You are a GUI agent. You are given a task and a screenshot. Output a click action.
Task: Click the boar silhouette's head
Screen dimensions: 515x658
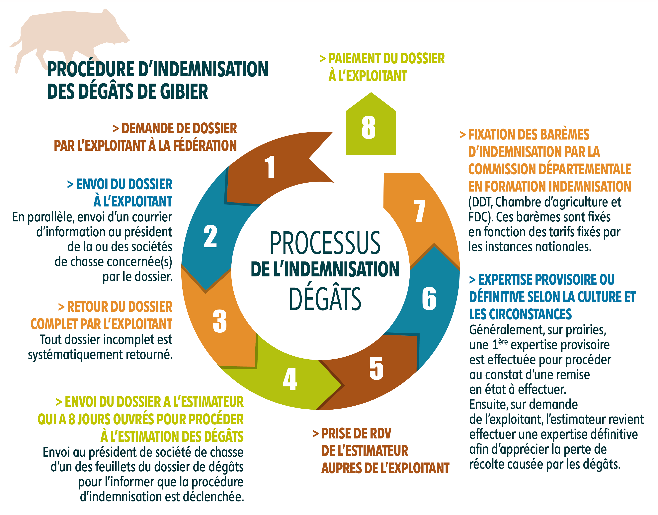116,30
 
